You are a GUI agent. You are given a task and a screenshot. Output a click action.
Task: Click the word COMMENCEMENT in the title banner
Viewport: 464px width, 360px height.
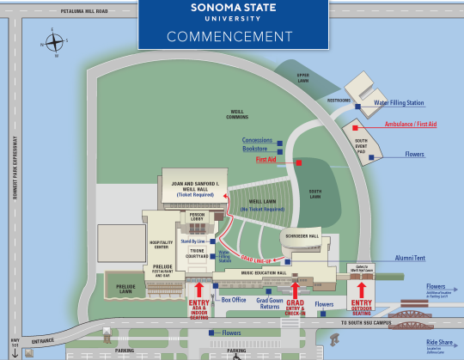[229, 36]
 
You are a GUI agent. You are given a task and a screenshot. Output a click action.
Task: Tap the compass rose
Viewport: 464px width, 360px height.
[53, 44]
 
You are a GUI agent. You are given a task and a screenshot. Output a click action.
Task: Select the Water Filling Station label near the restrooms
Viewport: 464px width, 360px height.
[399, 103]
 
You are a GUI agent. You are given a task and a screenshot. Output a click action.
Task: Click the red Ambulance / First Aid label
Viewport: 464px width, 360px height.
[408, 125]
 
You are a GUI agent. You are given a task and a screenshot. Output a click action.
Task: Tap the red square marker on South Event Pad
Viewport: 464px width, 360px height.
[355, 127]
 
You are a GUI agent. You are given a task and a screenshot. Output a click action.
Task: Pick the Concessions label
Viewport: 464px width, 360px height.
[257, 140]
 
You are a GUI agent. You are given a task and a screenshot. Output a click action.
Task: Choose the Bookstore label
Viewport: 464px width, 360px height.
[259, 149]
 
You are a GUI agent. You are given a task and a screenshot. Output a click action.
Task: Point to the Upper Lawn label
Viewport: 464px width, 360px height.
[302, 76]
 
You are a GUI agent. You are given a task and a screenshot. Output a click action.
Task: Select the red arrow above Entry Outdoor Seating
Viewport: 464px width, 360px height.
[360, 287]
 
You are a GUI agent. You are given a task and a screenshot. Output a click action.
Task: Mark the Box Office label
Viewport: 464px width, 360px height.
[234, 300]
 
